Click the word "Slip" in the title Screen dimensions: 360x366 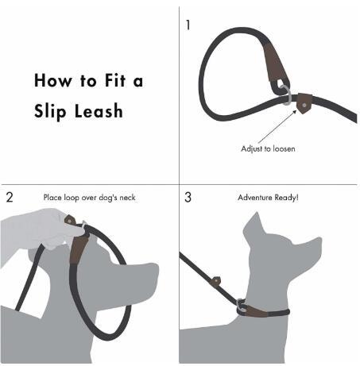coord(50,111)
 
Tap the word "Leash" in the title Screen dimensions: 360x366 coord(99,110)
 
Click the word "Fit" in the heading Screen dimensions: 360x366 coord(115,80)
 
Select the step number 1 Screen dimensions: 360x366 coord(188,25)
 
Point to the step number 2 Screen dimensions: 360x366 coord(10,198)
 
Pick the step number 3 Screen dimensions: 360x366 coord(188,198)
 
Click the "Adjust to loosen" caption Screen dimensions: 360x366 coord(268,148)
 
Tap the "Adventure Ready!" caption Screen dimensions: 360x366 coord(268,198)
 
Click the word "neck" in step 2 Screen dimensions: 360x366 coord(127,198)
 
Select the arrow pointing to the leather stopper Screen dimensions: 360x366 coord(277,126)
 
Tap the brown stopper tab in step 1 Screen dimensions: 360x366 coord(304,103)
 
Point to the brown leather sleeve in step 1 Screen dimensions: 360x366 coord(276,65)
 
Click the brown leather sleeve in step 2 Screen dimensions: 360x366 coord(79,248)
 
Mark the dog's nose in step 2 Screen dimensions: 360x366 coord(155,270)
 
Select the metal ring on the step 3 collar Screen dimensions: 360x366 coord(241,306)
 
